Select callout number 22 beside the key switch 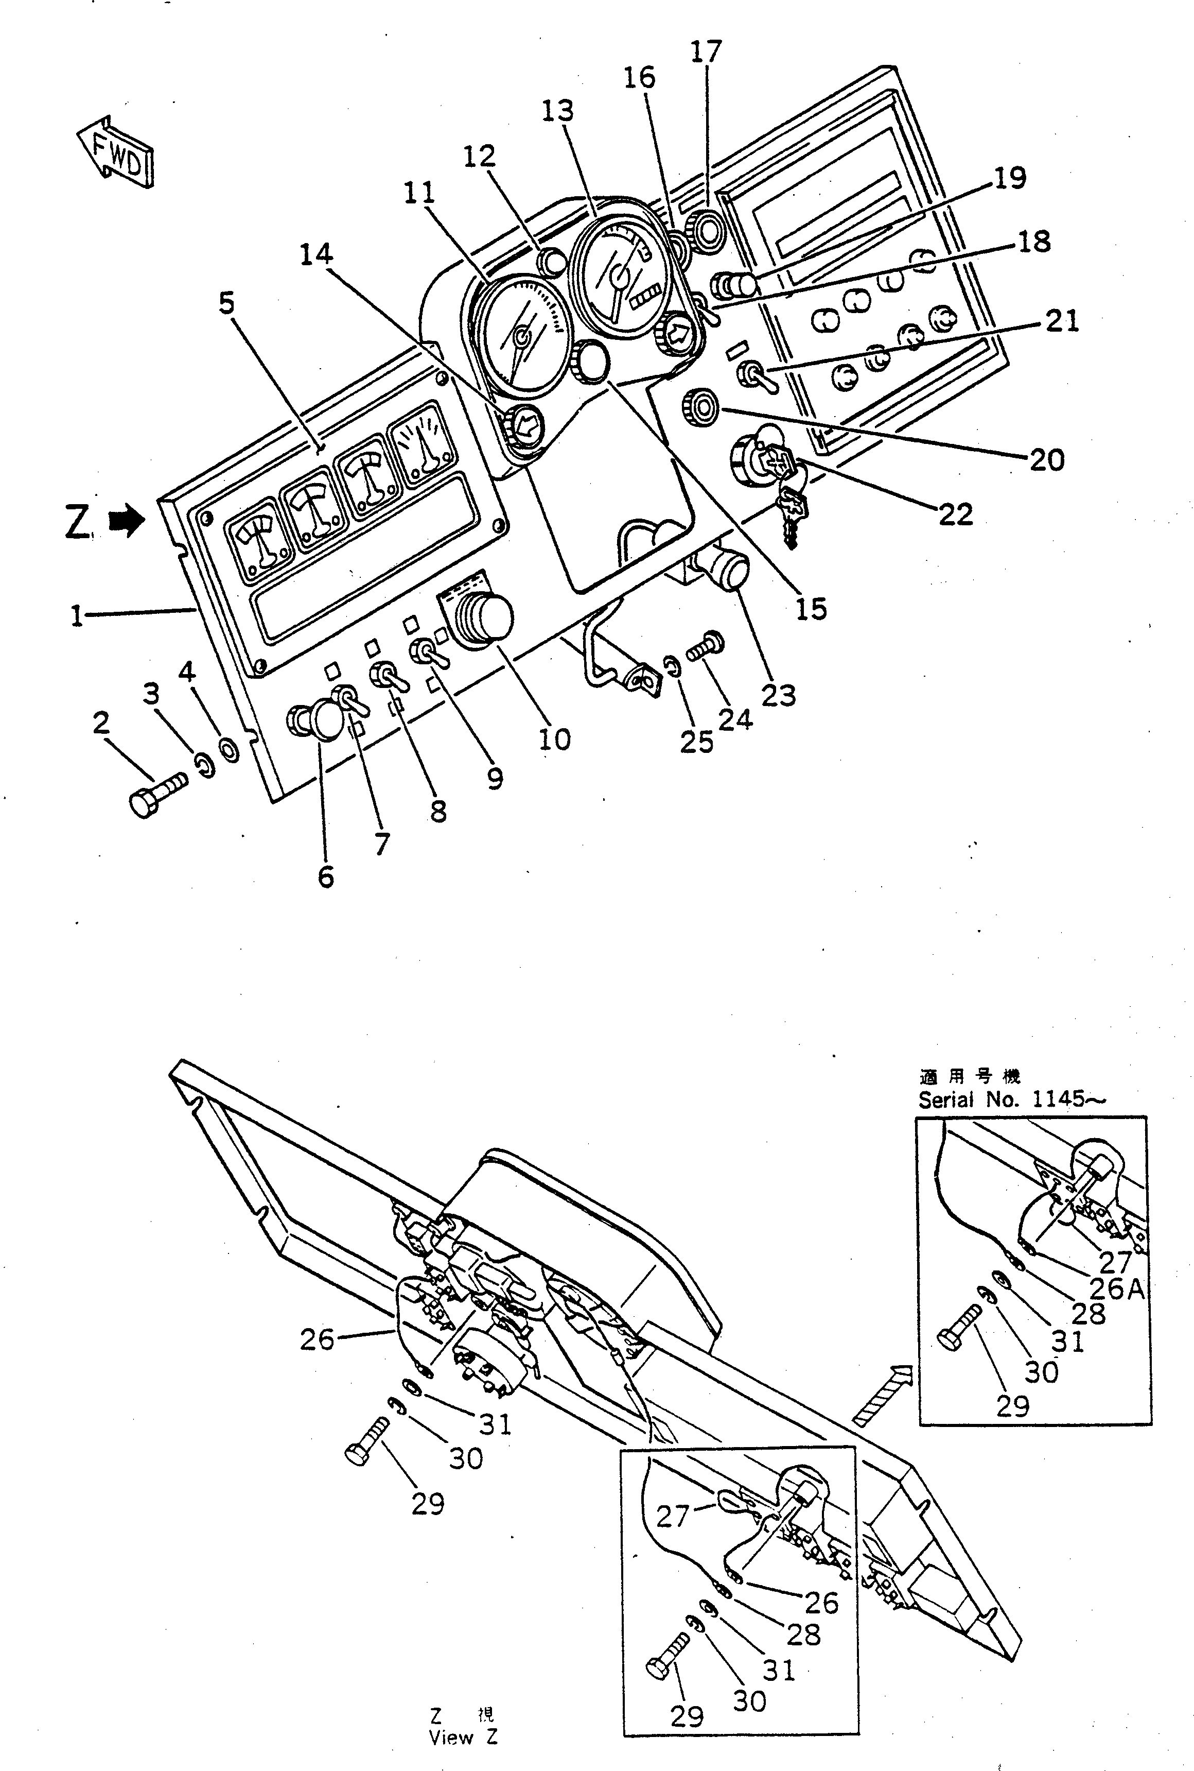point(956,515)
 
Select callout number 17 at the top point(705,52)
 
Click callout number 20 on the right point(1046,459)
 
